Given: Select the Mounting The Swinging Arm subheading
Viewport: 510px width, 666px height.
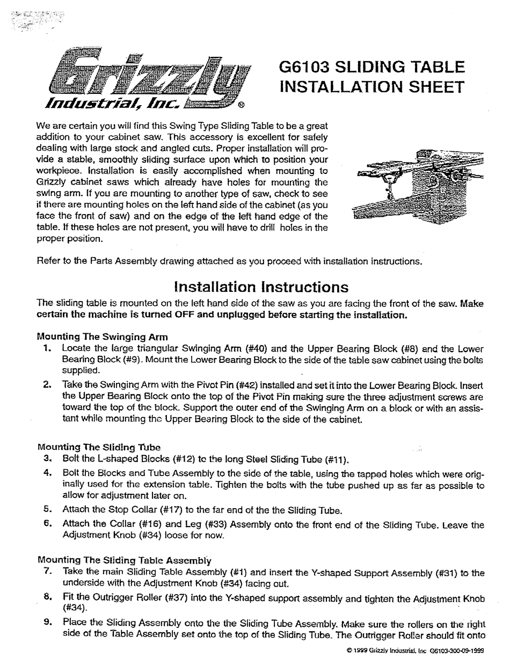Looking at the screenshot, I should [102, 337].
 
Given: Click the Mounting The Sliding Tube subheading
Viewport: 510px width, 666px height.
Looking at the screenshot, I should [99, 447].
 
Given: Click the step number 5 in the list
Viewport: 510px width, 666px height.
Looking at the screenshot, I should [48, 509].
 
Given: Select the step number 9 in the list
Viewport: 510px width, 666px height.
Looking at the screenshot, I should [48, 623].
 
